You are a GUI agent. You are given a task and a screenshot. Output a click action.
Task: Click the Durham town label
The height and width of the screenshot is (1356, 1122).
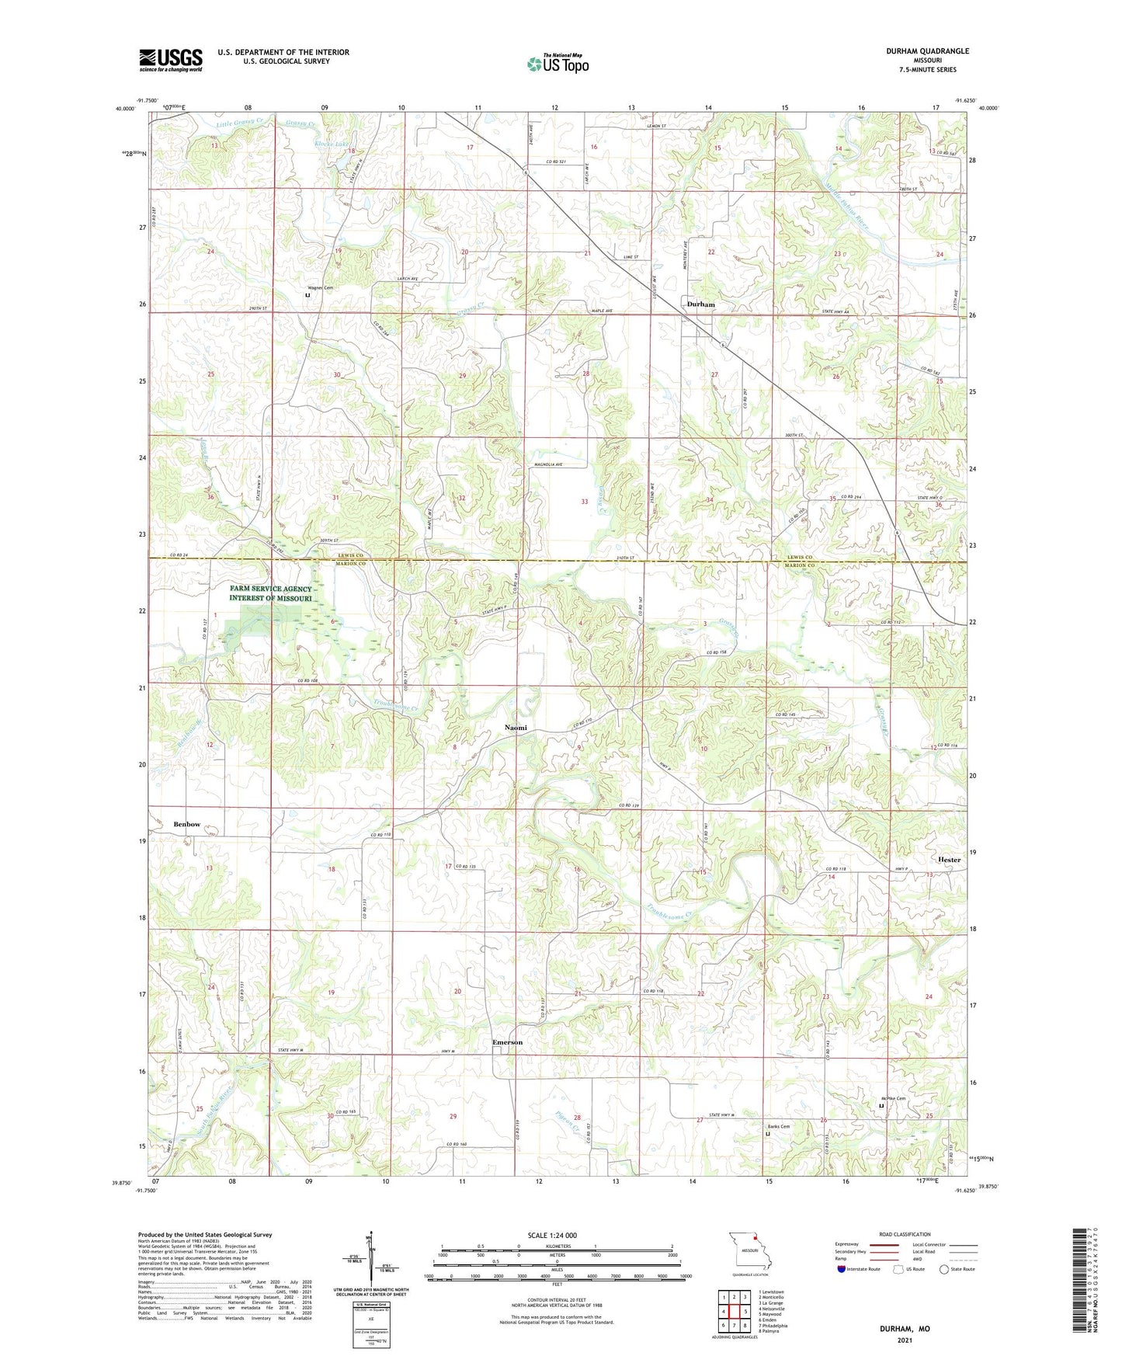click(x=700, y=304)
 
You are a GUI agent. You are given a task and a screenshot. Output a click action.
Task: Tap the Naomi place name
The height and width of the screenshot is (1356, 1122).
click(x=516, y=728)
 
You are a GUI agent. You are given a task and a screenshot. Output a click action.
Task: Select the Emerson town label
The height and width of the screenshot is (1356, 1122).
click(x=507, y=1042)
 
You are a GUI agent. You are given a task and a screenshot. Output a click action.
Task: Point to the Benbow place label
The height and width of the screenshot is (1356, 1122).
click(x=186, y=824)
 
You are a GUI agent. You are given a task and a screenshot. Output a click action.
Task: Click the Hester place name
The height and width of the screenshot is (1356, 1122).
click(x=948, y=860)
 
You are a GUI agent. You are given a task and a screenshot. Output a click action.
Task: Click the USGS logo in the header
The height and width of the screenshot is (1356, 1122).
click(x=171, y=60)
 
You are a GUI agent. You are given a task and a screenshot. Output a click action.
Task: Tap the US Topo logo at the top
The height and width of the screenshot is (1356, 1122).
click(x=557, y=64)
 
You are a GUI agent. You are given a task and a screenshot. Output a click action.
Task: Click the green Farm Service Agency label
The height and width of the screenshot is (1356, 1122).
click(x=270, y=593)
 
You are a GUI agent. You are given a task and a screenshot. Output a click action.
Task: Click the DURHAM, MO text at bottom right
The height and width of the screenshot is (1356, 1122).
click(x=904, y=1329)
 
